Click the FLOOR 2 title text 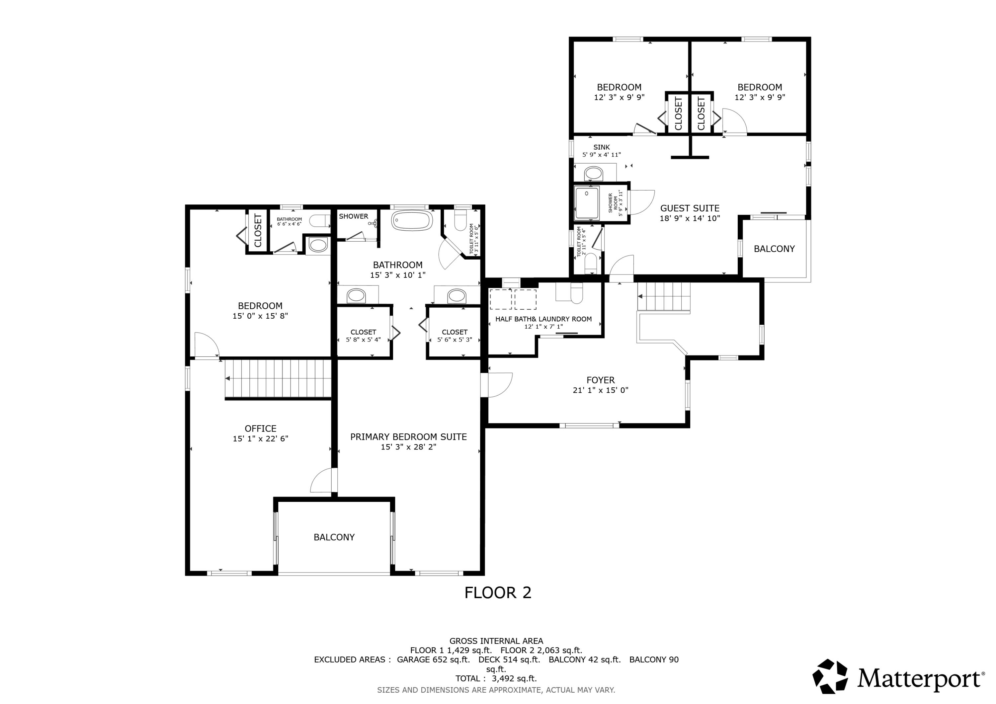click(x=498, y=592)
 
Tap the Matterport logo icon click(x=830, y=677)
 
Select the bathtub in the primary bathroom click(x=412, y=220)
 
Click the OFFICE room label click(x=260, y=429)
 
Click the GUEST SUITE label click(x=690, y=208)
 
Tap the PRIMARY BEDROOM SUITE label click(x=408, y=437)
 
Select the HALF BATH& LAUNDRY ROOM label click(x=543, y=319)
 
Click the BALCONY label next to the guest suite click(x=774, y=249)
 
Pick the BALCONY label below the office click(x=334, y=537)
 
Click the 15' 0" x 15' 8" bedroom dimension click(x=260, y=316)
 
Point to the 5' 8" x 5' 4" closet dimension click(x=364, y=340)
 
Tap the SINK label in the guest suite click(x=601, y=147)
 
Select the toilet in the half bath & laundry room click(x=576, y=293)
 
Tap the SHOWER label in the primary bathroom click(x=354, y=216)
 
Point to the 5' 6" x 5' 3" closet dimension click(x=455, y=340)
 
